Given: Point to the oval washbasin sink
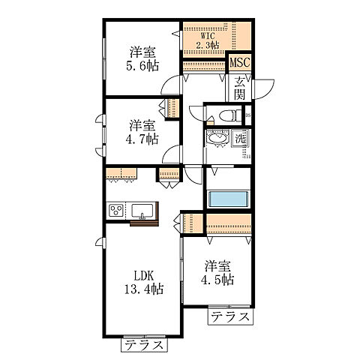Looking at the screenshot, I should point(220,140).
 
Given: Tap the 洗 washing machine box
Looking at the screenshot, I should point(241,139).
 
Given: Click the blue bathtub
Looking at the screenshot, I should point(229,199).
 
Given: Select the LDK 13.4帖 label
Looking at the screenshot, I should point(143,281).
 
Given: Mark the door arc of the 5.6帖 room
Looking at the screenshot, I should point(174,84).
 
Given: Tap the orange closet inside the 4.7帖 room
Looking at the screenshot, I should point(172,106).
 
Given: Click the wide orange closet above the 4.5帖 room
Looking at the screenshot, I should point(228,224).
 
